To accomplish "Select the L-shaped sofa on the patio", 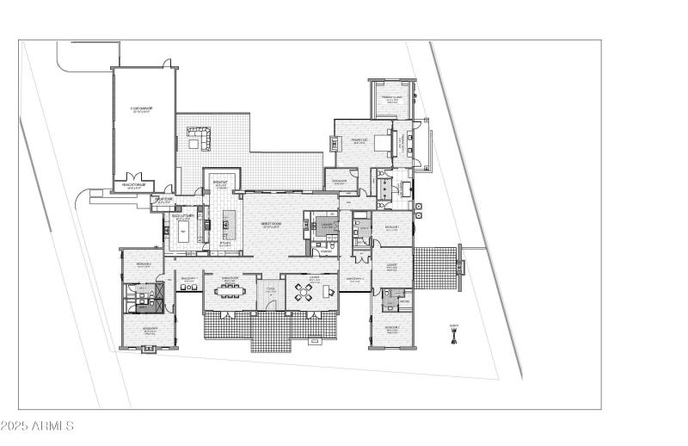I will tap(199, 136).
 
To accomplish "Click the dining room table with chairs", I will tap(230, 291).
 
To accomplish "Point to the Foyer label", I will tap(270, 289).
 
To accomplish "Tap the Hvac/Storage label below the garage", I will tap(137, 184).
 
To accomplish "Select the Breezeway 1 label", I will tap(189, 279).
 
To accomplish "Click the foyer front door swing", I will tap(269, 302).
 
